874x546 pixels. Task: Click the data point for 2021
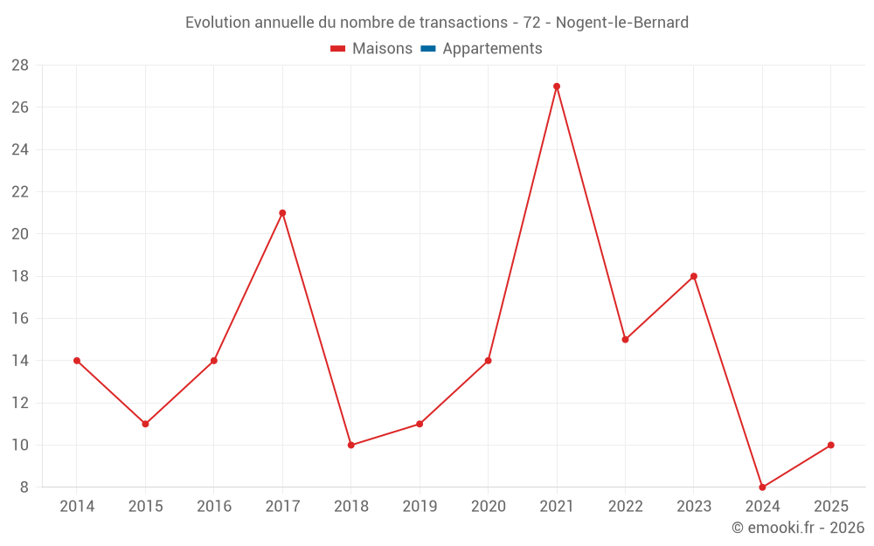click(557, 86)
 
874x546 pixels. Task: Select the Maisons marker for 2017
click(282, 213)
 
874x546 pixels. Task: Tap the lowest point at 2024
click(762, 487)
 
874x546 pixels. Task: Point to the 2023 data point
click(694, 276)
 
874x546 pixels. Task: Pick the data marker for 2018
click(351, 446)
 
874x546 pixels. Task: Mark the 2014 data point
click(77, 361)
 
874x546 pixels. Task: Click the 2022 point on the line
click(625, 340)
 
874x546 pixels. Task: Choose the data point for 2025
click(831, 446)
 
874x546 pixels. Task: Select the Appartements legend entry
click(492, 49)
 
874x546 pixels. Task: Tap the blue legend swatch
click(427, 49)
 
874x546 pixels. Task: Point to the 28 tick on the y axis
click(20, 66)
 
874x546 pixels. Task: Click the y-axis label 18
click(20, 276)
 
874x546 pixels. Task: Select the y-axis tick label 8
click(24, 487)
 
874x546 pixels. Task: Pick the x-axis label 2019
click(420, 507)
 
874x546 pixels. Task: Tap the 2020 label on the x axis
click(488, 507)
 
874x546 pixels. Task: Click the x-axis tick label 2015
click(145, 507)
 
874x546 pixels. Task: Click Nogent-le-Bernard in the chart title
click(622, 22)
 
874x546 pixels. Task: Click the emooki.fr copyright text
click(798, 528)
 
